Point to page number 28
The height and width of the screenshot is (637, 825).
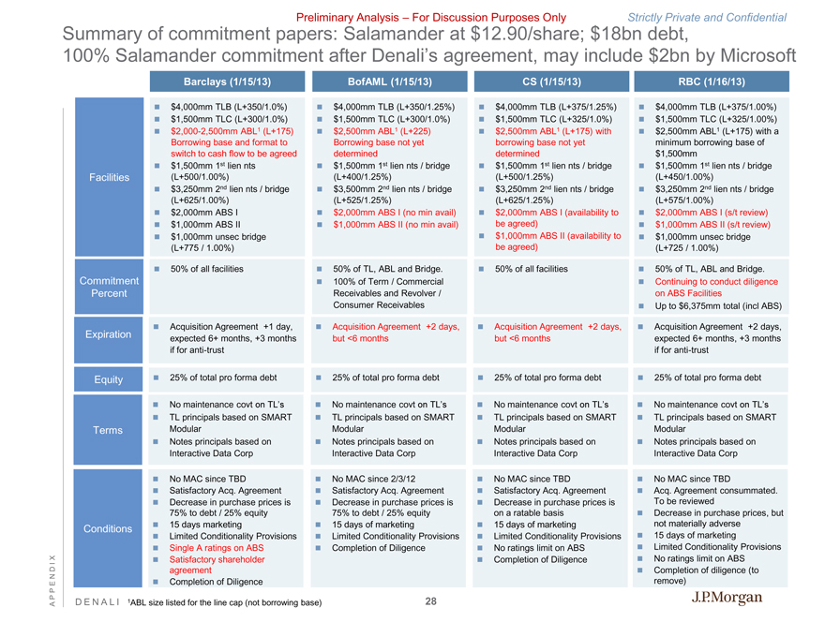430,600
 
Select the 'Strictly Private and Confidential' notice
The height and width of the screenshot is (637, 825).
707,17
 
